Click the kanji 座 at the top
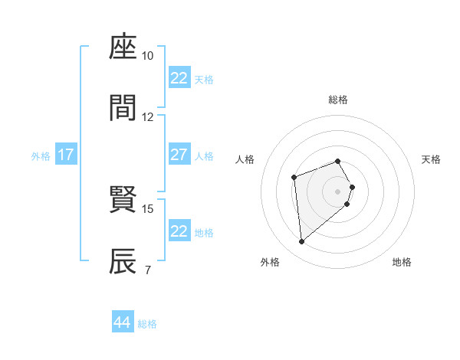click(123, 48)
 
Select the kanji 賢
click(123, 201)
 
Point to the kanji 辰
click(123, 261)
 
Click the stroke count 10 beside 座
click(148, 56)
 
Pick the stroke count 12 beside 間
click(148, 116)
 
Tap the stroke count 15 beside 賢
click(148, 208)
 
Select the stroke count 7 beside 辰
click(147, 270)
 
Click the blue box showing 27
click(179, 155)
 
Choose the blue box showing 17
click(66, 155)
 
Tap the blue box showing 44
click(122, 322)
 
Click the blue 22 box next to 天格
click(179, 78)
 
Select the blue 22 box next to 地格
click(179, 231)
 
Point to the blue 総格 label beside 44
click(147, 324)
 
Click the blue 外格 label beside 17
click(41, 156)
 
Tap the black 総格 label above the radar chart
click(338, 100)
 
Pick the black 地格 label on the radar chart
click(402, 262)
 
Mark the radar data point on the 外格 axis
click(302, 242)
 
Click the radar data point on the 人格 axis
click(294, 178)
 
